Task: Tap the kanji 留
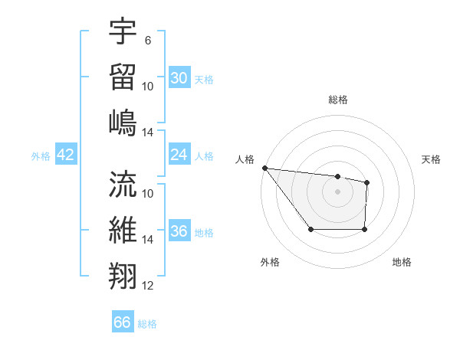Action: [123, 76]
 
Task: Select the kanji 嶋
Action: [123, 123]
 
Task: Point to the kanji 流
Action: [123, 184]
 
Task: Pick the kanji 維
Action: [123, 231]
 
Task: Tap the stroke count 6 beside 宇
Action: [147, 40]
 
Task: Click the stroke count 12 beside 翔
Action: [148, 286]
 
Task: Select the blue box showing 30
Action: [179, 78]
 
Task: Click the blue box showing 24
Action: [179, 155]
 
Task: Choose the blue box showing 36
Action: [179, 231]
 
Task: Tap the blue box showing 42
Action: [65, 155]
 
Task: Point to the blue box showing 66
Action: [122, 322]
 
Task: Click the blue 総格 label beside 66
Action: [147, 324]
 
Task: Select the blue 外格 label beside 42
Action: [41, 156]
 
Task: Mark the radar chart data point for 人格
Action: [264, 168]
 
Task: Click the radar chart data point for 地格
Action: [364, 229]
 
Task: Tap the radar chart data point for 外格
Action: [310, 229]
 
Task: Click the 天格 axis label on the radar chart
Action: [431, 159]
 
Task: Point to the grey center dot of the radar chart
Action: [337, 191]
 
